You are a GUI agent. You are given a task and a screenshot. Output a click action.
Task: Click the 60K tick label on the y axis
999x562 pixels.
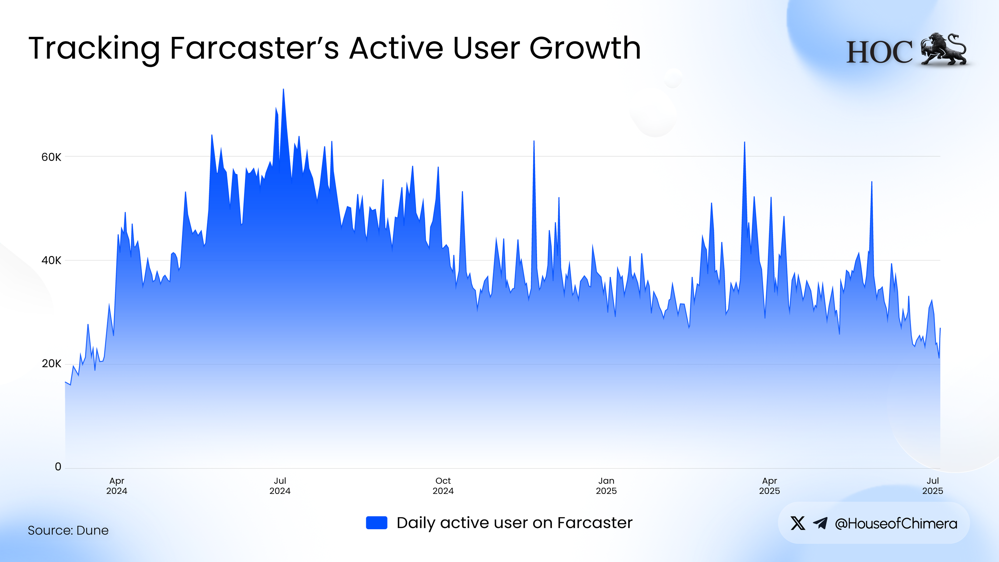pos(51,157)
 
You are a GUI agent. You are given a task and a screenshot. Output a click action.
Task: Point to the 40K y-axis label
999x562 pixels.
pos(51,260)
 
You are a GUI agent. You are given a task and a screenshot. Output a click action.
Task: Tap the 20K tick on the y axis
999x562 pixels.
pos(51,364)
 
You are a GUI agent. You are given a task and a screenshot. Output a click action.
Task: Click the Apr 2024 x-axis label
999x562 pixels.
pos(117,486)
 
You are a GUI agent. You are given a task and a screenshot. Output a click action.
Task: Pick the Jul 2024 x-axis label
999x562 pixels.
pos(280,486)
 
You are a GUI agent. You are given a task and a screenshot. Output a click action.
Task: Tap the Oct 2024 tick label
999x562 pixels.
pos(443,486)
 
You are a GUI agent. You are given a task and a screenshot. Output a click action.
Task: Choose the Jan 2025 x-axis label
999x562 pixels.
pos(606,486)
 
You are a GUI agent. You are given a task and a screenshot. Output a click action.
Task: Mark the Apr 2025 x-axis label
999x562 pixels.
pos(770,486)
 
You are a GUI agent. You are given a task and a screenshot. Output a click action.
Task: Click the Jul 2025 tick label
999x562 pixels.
pos(932,486)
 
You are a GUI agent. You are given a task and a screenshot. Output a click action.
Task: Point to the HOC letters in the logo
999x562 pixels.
pos(879,52)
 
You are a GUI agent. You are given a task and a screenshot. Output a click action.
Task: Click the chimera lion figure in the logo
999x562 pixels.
pos(943,50)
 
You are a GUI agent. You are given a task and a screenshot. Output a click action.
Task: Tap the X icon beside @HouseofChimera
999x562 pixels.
pos(798,523)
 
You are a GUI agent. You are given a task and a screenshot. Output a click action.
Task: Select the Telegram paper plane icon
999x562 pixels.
pos(820,523)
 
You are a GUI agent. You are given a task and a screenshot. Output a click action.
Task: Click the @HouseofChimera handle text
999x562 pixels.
pos(896,524)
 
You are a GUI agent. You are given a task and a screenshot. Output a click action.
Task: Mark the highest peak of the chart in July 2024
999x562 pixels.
pos(283,90)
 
